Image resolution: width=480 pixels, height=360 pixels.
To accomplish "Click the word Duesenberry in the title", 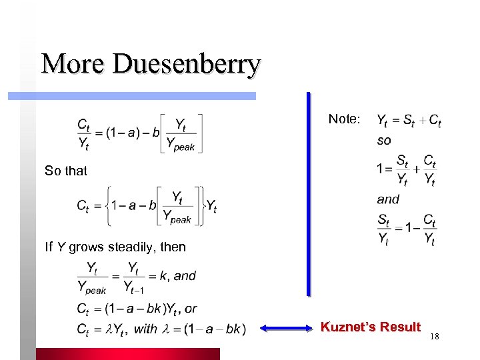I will click(187, 65).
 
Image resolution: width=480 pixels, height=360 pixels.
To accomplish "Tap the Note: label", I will click(344, 119).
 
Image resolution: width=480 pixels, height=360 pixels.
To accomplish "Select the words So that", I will click(66, 171).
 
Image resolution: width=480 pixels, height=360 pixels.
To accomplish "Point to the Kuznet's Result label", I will click(371, 327).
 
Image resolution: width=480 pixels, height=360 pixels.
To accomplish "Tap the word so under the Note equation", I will click(384, 141).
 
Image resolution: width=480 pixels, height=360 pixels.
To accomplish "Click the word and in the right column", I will click(387, 199).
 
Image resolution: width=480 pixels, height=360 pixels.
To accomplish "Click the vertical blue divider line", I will click(308, 193).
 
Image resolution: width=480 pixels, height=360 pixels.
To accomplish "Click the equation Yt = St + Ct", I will click(409, 121).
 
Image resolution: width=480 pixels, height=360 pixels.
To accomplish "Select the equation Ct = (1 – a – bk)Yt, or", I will click(136, 309).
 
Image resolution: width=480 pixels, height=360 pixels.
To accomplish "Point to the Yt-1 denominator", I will click(133, 289).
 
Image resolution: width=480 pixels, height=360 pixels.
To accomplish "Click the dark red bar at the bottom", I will click(127, 354).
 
